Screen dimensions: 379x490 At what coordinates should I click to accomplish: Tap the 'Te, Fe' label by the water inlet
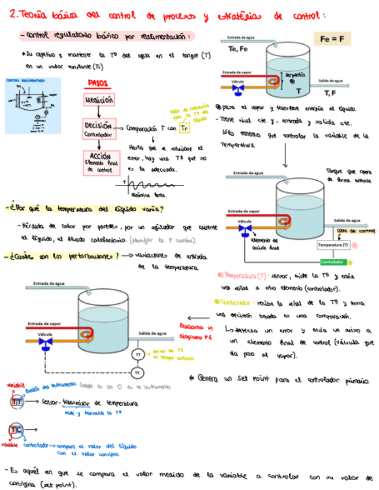pyautogui.click(x=237, y=49)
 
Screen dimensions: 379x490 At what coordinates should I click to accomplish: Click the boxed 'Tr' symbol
pyautogui.click(x=184, y=128)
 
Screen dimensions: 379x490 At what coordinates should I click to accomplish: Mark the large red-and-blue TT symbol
pyautogui.click(x=17, y=400)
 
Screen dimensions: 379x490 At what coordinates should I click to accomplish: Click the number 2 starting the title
pyautogui.click(x=14, y=16)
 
